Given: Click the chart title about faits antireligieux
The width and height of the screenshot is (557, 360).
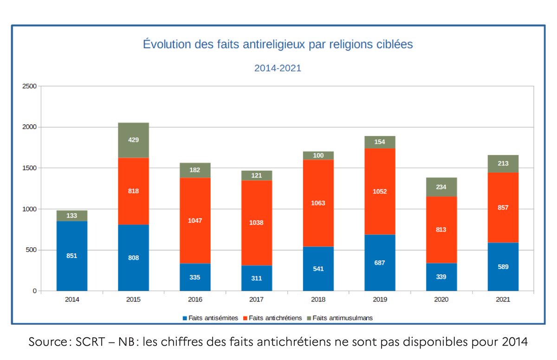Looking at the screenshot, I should pos(278,45).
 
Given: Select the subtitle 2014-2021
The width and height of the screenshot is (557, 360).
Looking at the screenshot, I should pos(278,68).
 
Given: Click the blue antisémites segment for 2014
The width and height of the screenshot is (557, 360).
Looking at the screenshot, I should pos(72,256).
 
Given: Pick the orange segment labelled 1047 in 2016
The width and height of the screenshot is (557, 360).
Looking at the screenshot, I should pos(195,220).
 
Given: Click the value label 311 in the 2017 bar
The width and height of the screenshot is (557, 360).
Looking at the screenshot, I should pos(257,278).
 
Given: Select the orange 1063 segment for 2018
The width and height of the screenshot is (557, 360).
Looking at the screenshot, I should pos(318,203).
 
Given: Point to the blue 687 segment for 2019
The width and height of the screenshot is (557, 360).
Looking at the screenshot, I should pos(380,263).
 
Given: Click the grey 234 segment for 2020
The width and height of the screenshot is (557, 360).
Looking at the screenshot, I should pos(441,186).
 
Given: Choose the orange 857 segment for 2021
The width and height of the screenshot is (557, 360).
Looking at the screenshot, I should pos(503,207).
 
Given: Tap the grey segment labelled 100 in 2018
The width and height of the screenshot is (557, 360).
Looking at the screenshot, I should pos(318,155).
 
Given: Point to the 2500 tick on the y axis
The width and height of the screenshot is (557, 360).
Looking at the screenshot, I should pos(29,86).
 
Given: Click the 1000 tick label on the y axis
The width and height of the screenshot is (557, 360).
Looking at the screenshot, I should pos(29,209).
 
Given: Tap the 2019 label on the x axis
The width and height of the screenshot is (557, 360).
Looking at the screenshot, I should pos(380,300).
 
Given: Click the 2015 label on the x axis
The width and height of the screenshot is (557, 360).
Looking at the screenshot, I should pos(133,300).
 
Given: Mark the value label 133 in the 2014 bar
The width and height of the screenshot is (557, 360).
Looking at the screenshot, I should pos(72,216).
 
